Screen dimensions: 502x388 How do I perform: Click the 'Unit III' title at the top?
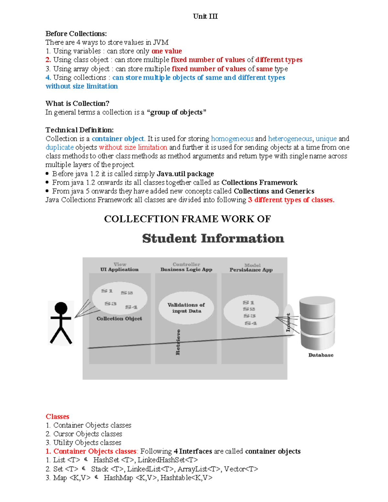pyautogui.click(x=205, y=16)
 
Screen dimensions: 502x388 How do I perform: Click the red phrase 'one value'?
pyautogui.click(x=167, y=51)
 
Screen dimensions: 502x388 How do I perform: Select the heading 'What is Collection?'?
pyautogui.click(x=77, y=103)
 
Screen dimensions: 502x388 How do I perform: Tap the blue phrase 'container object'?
pyautogui.click(x=118, y=139)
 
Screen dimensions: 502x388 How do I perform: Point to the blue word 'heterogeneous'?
pyautogui.click(x=290, y=139)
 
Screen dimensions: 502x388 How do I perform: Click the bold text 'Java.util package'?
pyautogui.click(x=185, y=174)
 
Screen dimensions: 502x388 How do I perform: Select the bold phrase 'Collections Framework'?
pyautogui.click(x=259, y=183)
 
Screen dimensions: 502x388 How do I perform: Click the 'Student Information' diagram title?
pyautogui.click(x=213, y=239)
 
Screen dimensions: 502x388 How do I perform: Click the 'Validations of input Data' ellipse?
pyautogui.click(x=186, y=308)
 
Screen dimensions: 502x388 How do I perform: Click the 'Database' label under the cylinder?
pyautogui.click(x=320, y=355)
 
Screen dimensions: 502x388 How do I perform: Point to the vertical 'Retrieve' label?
pyautogui.click(x=178, y=342)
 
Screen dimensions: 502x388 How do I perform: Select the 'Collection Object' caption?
pyautogui.click(x=119, y=319)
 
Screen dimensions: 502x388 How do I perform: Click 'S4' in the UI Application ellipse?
pyautogui.click(x=131, y=307)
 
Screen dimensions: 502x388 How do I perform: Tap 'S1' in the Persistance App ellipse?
pyautogui.click(x=248, y=303)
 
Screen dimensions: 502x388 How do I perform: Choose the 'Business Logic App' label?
pyautogui.click(x=186, y=270)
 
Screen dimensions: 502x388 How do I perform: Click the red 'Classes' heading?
pyautogui.click(x=57, y=417)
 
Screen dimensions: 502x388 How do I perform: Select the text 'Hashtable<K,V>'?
pyautogui.click(x=186, y=478)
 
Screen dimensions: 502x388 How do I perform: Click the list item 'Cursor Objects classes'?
pyautogui.click(x=88, y=434)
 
